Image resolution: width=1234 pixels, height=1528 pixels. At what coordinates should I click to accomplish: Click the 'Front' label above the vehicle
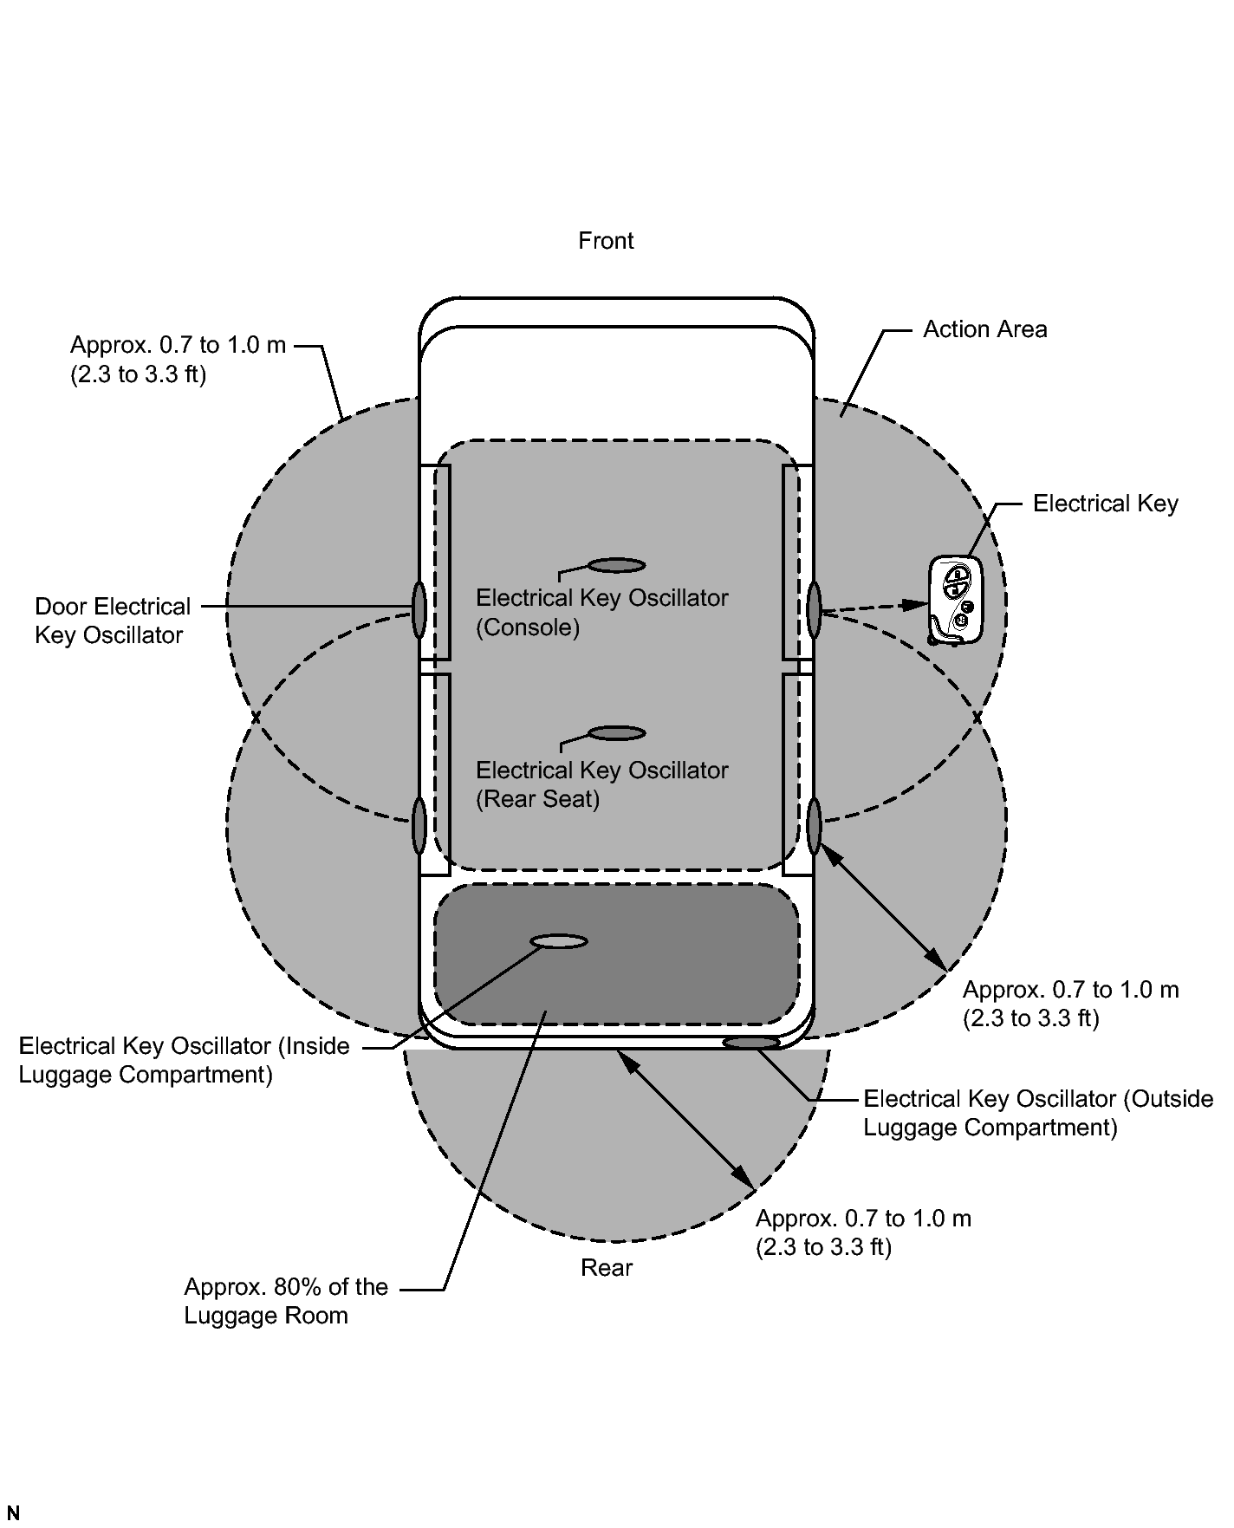click(x=606, y=240)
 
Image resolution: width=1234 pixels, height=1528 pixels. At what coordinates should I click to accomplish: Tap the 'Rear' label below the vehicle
click(x=607, y=1267)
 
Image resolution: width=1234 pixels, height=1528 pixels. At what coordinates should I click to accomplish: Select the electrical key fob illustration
click(x=956, y=601)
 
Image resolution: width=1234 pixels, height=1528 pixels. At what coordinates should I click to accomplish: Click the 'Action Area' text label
click(x=984, y=329)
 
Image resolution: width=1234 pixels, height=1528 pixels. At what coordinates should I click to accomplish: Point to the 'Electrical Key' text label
click(x=1105, y=504)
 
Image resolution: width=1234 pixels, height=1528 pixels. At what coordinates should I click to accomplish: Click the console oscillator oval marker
click(x=617, y=566)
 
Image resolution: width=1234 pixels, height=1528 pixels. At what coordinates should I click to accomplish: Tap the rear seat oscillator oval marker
click(x=617, y=733)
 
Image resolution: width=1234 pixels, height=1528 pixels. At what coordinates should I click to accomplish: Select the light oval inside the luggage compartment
click(x=559, y=941)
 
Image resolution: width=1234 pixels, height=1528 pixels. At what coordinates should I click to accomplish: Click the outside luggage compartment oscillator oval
click(x=751, y=1043)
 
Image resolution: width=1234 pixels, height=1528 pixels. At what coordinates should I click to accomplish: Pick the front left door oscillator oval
click(x=419, y=609)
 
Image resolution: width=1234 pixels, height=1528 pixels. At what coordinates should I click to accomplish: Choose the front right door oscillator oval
click(x=814, y=609)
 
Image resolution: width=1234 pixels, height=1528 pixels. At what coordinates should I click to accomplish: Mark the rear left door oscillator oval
click(x=419, y=826)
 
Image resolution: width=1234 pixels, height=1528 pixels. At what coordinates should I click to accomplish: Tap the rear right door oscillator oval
click(x=814, y=826)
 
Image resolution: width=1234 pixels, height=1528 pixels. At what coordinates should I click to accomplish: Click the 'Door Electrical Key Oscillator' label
click(x=113, y=621)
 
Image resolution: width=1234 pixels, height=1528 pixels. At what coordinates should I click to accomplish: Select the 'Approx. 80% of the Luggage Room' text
click(x=286, y=1301)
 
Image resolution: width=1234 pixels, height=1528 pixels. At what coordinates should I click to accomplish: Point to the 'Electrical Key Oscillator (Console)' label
click(x=602, y=612)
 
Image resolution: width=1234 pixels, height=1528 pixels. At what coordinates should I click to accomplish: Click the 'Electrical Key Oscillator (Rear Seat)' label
click(x=602, y=784)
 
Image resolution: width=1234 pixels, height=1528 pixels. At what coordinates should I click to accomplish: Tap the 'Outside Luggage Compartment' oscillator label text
click(x=1038, y=1113)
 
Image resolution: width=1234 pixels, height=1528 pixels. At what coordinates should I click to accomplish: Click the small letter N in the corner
click(x=12, y=1513)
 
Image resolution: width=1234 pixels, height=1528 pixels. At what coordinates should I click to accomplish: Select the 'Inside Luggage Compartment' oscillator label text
click(x=185, y=1060)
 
